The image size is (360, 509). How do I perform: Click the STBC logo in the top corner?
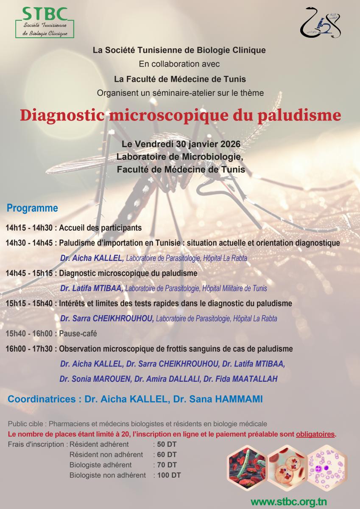[44, 22]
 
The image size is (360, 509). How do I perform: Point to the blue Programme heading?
[32, 208]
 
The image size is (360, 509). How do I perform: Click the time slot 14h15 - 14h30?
[29, 228]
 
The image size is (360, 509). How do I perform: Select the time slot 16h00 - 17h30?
[29, 349]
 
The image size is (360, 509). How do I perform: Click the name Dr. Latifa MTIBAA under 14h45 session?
[92, 288]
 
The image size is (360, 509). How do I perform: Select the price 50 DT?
[167, 445]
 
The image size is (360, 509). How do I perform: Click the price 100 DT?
[169, 475]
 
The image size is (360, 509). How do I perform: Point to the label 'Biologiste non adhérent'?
[107, 475]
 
